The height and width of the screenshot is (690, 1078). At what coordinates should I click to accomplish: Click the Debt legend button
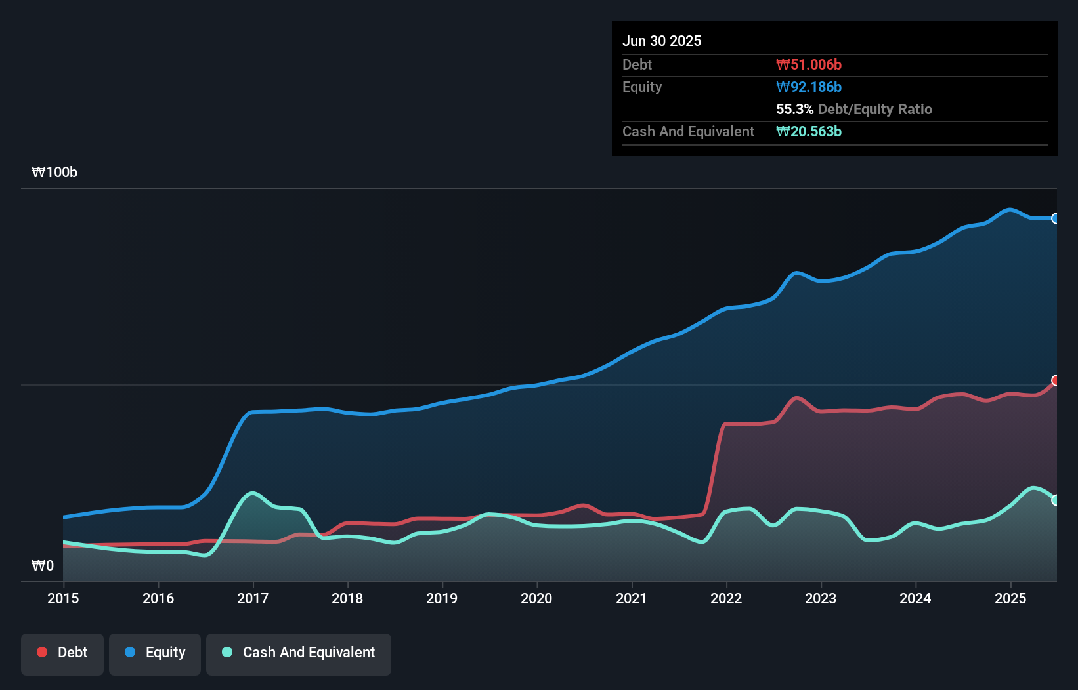coord(62,653)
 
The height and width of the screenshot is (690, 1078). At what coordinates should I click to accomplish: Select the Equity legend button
coord(155,653)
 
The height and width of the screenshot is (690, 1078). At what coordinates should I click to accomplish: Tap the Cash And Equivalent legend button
coord(299,653)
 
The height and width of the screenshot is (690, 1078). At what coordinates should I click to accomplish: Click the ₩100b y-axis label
coord(54,172)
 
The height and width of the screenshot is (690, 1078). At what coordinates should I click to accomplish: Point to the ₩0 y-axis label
coord(43,565)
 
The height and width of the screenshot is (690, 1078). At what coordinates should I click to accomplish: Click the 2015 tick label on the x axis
coord(63,598)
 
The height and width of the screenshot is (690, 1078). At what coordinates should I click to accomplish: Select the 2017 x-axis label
coord(253,598)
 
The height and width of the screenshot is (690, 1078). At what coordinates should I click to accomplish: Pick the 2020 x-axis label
coord(536,598)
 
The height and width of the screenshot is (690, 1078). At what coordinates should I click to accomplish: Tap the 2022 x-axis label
coord(726,598)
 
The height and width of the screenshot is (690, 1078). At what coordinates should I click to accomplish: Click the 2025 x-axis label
coord(1010,598)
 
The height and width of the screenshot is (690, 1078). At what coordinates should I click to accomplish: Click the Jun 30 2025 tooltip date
coord(662,41)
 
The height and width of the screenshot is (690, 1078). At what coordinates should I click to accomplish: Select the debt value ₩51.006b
coord(809,64)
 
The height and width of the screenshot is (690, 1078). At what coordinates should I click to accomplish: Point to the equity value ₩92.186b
coord(809,87)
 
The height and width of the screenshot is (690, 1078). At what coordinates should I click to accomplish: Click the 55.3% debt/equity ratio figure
coord(794,109)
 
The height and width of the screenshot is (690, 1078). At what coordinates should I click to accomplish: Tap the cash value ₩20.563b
coord(809,131)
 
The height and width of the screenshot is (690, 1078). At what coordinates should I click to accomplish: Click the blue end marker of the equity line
coord(1056,218)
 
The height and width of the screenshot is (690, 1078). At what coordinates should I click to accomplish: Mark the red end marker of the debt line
coord(1056,380)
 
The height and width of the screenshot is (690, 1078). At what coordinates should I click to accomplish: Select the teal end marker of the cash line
coord(1056,500)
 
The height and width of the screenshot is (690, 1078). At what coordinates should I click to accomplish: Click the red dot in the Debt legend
coord(42,652)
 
